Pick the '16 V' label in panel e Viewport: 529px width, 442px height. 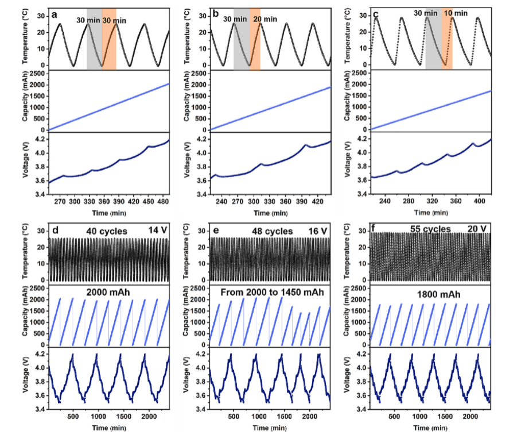pyautogui.click(x=316, y=231)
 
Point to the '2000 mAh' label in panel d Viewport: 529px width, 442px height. pyautogui.click(x=108, y=293)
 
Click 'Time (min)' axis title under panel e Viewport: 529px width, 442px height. pyautogui.click(x=270, y=428)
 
